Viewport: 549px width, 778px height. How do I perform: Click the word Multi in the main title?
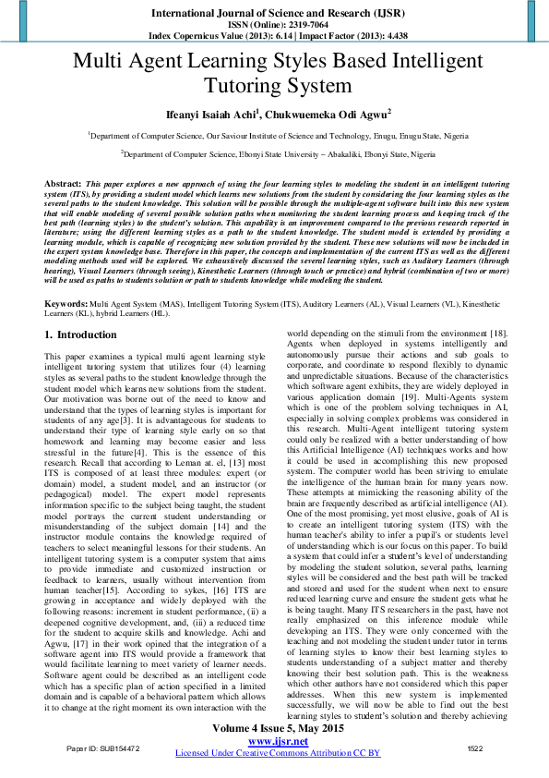point(99,62)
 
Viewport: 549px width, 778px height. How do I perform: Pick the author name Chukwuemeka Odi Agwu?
point(314,115)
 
